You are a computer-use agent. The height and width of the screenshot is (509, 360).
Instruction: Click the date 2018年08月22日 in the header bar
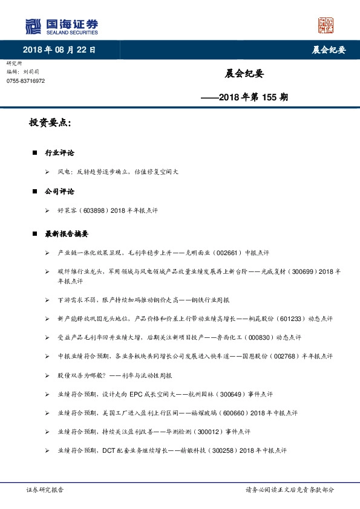(x=59, y=50)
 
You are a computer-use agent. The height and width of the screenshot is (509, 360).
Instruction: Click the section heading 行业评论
(x=59, y=153)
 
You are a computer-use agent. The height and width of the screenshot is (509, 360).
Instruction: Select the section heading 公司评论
(x=59, y=192)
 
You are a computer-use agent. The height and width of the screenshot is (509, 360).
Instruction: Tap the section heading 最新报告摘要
(x=67, y=233)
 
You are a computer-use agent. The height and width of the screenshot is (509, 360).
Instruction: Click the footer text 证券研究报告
(x=45, y=491)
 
